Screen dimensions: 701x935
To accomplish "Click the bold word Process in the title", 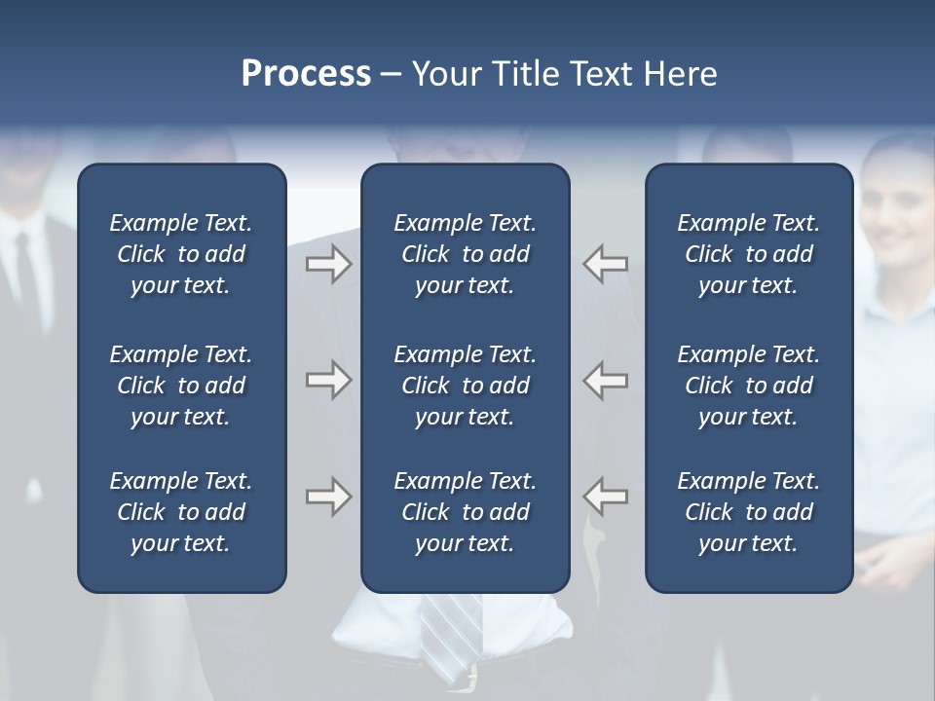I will pos(306,74).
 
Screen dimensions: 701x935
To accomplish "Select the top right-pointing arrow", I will pos(328,264).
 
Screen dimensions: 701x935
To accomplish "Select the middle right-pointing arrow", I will pos(328,380).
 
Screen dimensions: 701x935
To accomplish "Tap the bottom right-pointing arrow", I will pos(328,497).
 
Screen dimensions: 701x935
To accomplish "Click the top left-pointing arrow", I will pos(606,264).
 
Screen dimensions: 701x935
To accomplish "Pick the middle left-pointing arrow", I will pos(606,380).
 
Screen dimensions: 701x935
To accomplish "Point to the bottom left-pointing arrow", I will pos(606,497).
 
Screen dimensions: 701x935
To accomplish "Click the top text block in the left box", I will pos(181,254).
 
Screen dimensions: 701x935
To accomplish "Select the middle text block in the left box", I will pos(181,386).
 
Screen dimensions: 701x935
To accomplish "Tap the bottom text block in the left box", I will pos(181,512).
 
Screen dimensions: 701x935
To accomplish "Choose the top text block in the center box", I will pos(465,254).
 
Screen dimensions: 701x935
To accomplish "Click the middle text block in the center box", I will pos(465,386).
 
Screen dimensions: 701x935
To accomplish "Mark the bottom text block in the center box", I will pos(465,512).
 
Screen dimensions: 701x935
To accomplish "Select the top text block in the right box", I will pos(748,254).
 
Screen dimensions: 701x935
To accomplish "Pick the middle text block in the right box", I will pos(748,386).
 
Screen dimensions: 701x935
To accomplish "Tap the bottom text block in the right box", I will pos(748,512).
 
